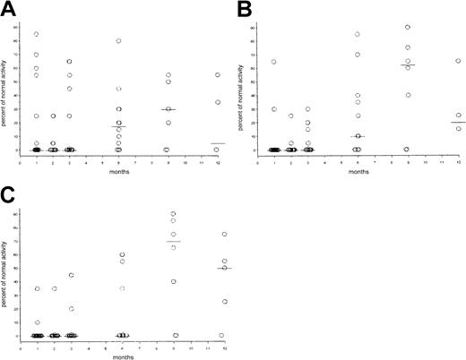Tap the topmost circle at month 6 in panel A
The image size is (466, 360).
tap(118, 41)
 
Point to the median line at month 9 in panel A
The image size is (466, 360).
tap(167, 109)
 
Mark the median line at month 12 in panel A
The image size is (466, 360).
tap(216, 142)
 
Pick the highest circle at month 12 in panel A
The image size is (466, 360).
tap(216, 75)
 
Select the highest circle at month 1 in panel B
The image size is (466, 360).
tap(273, 62)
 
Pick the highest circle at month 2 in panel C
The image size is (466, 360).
tap(55, 288)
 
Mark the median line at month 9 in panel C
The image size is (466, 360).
tap(173, 242)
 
